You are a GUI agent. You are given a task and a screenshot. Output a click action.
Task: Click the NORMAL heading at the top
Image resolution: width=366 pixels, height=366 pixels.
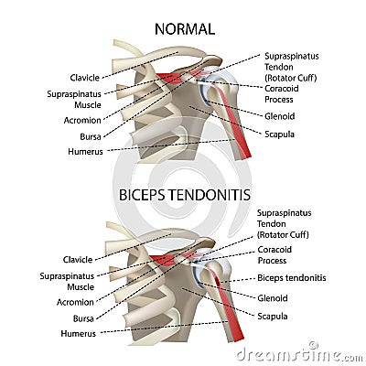pyautogui.click(x=184, y=28)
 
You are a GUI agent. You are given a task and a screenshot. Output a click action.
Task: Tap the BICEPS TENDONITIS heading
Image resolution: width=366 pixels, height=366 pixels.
pyautogui.click(x=184, y=195)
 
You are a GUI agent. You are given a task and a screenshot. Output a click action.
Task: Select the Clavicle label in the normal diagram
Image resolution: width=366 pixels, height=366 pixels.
pyautogui.click(x=84, y=77)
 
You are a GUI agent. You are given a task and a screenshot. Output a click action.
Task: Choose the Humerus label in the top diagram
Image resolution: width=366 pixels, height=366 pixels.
pyautogui.click(x=85, y=150)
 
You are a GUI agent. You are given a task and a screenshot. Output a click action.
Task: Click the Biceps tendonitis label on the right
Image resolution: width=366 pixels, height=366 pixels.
pyautogui.click(x=292, y=277)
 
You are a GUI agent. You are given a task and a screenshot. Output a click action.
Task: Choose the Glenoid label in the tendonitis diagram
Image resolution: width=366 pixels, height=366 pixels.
pyautogui.click(x=273, y=297)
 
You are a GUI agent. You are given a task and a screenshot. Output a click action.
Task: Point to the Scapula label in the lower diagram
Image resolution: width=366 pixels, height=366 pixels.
pyautogui.click(x=273, y=316)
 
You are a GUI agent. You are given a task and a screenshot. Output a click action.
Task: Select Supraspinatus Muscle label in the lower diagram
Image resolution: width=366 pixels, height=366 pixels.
pyautogui.click(x=67, y=280)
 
